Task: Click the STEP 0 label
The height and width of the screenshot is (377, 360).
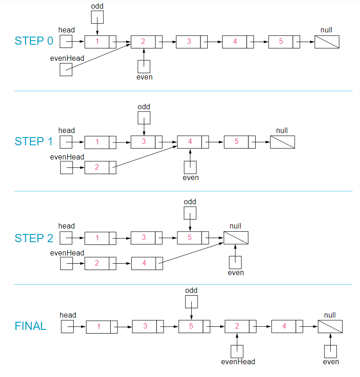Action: pyautogui.click(x=34, y=41)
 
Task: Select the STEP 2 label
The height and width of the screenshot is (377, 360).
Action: pyautogui.click(x=34, y=238)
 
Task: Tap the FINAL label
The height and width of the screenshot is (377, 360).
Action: pyautogui.click(x=31, y=326)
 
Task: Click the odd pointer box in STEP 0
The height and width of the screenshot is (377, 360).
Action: pyautogui.click(x=97, y=17)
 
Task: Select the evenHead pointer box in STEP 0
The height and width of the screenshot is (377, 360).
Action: pyautogui.click(x=66, y=69)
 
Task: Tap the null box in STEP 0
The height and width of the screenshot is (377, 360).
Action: pyautogui.click(x=327, y=42)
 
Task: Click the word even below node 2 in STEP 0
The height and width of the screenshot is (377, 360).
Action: pyautogui.click(x=145, y=77)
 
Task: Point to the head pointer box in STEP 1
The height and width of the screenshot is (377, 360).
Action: pyautogui.click(x=66, y=142)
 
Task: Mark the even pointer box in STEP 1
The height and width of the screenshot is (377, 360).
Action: pyautogui.click(x=190, y=167)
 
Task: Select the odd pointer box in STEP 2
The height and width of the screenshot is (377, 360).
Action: pyautogui.click(x=190, y=213)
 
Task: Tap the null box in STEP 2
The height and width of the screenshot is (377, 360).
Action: pyautogui.click(x=236, y=238)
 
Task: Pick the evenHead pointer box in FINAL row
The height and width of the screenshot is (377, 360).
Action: pyautogui.click(x=237, y=351)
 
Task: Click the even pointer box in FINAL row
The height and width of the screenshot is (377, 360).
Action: pyautogui.click(x=330, y=351)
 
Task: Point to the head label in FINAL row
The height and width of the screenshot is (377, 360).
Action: pyautogui.click(x=68, y=315)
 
